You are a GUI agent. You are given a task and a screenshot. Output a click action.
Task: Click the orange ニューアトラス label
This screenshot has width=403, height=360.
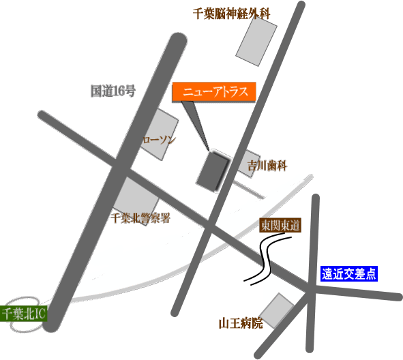pyautogui.click(x=214, y=92)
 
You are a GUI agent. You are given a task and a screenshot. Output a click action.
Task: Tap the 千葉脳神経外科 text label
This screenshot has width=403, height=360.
pyautogui.click(x=232, y=14)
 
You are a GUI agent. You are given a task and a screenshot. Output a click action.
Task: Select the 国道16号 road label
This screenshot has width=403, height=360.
pyautogui.click(x=113, y=91)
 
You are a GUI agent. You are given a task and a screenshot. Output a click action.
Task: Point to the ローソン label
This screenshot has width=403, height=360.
pyautogui.click(x=159, y=140)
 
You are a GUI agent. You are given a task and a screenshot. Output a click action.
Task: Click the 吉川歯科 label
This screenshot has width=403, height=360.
pyautogui.click(x=267, y=166)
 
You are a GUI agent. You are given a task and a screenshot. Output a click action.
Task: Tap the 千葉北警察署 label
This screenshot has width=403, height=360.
pyautogui.click(x=140, y=218)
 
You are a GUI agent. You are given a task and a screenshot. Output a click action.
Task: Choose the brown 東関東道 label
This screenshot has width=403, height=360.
pyautogui.click(x=280, y=226)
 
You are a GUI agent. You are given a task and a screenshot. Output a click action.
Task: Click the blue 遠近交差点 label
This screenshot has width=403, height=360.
pyautogui.click(x=349, y=273)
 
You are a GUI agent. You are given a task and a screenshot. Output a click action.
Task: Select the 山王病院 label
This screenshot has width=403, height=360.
pyautogui.click(x=241, y=323)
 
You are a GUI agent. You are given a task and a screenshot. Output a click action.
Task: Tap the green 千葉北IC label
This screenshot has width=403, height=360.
pyautogui.click(x=23, y=314)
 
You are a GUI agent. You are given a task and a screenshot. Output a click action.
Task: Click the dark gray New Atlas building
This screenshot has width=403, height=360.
pyautogui.click(x=213, y=171)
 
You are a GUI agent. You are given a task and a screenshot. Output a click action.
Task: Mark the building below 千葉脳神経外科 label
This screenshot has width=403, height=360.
pyautogui.click(x=256, y=41)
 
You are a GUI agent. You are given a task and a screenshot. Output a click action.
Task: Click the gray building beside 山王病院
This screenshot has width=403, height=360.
pyautogui.click(x=276, y=311)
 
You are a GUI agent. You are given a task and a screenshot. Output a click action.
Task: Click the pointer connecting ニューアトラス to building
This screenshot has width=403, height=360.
pyautogui.click(x=196, y=125)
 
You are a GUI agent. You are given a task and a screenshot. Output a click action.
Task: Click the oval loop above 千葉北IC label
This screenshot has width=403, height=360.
pyautogui.click(x=23, y=301)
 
